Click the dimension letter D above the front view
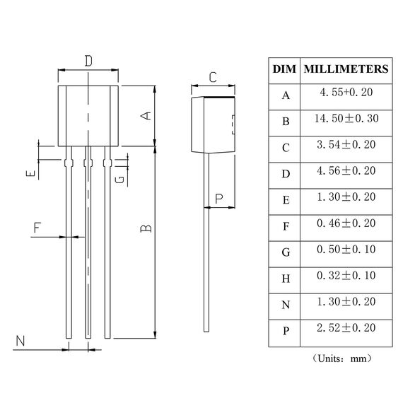pyautogui.click(x=88, y=61)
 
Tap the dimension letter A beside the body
pyautogui.click(x=144, y=116)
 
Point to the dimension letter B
pyautogui.click(x=144, y=228)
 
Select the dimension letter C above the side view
pyautogui.click(x=212, y=77)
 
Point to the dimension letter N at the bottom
pyautogui.click(x=21, y=341)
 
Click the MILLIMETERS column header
pyautogui.click(x=345, y=69)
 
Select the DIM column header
pyautogui.click(x=284, y=69)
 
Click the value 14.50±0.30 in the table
pyautogui.click(x=345, y=119)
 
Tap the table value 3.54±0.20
pyautogui.click(x=345, y=146)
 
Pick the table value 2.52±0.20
pyautogui.click(x=345, y=328)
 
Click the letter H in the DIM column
pyautogui.click(x=285, y=279)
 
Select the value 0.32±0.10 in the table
pyautogui.click(x=345, y=276)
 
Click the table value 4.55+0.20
pyautogui.click(x=345, y=93)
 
